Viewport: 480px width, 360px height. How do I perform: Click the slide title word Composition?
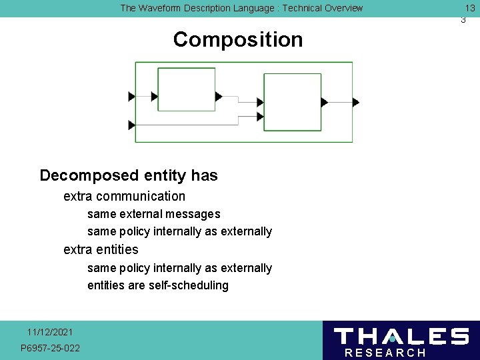[237, 40]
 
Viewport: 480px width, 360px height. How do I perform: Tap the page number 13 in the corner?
[469, 8]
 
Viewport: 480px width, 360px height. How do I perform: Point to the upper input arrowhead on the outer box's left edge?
[131, 97]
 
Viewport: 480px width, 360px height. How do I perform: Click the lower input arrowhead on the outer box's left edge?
[131, 125]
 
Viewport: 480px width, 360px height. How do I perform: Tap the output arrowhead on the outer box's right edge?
[355, 102]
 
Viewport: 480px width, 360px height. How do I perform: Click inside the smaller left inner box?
[186, 89]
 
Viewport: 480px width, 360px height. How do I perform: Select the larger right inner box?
[292, 102]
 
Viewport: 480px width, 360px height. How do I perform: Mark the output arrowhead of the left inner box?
[219, 97]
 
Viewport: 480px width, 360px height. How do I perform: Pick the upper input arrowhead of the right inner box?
[260, 102]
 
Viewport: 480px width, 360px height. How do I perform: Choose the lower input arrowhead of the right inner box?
[260, 117]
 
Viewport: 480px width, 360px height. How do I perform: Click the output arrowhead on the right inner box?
[324, 102]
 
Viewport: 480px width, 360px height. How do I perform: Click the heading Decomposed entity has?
[129, 175]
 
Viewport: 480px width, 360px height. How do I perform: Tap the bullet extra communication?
[124, 196]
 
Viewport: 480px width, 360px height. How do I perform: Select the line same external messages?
[153, 214]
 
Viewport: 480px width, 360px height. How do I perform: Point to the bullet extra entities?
[101, 249]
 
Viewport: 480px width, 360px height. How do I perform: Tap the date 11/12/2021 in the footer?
[50, 332]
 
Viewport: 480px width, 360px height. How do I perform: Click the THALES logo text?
[401, 337]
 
